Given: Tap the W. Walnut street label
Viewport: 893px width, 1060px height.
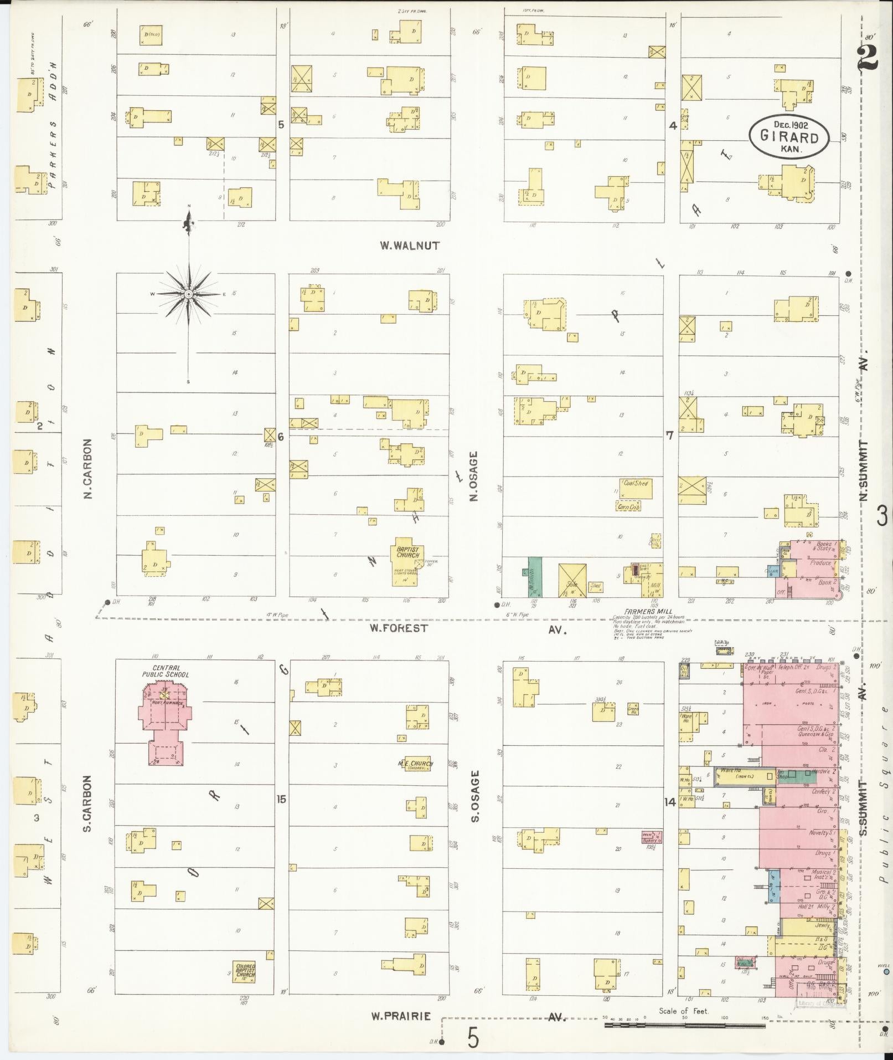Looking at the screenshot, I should (410, 245).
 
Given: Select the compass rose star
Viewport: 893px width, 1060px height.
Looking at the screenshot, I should (188, 294).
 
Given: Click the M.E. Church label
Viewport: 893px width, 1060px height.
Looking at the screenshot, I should (415, 764).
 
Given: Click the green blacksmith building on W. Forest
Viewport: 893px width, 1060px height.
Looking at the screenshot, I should (534, 577).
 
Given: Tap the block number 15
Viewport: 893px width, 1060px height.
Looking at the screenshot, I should (282, 799).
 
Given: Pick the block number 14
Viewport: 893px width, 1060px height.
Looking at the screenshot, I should (670, 802).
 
